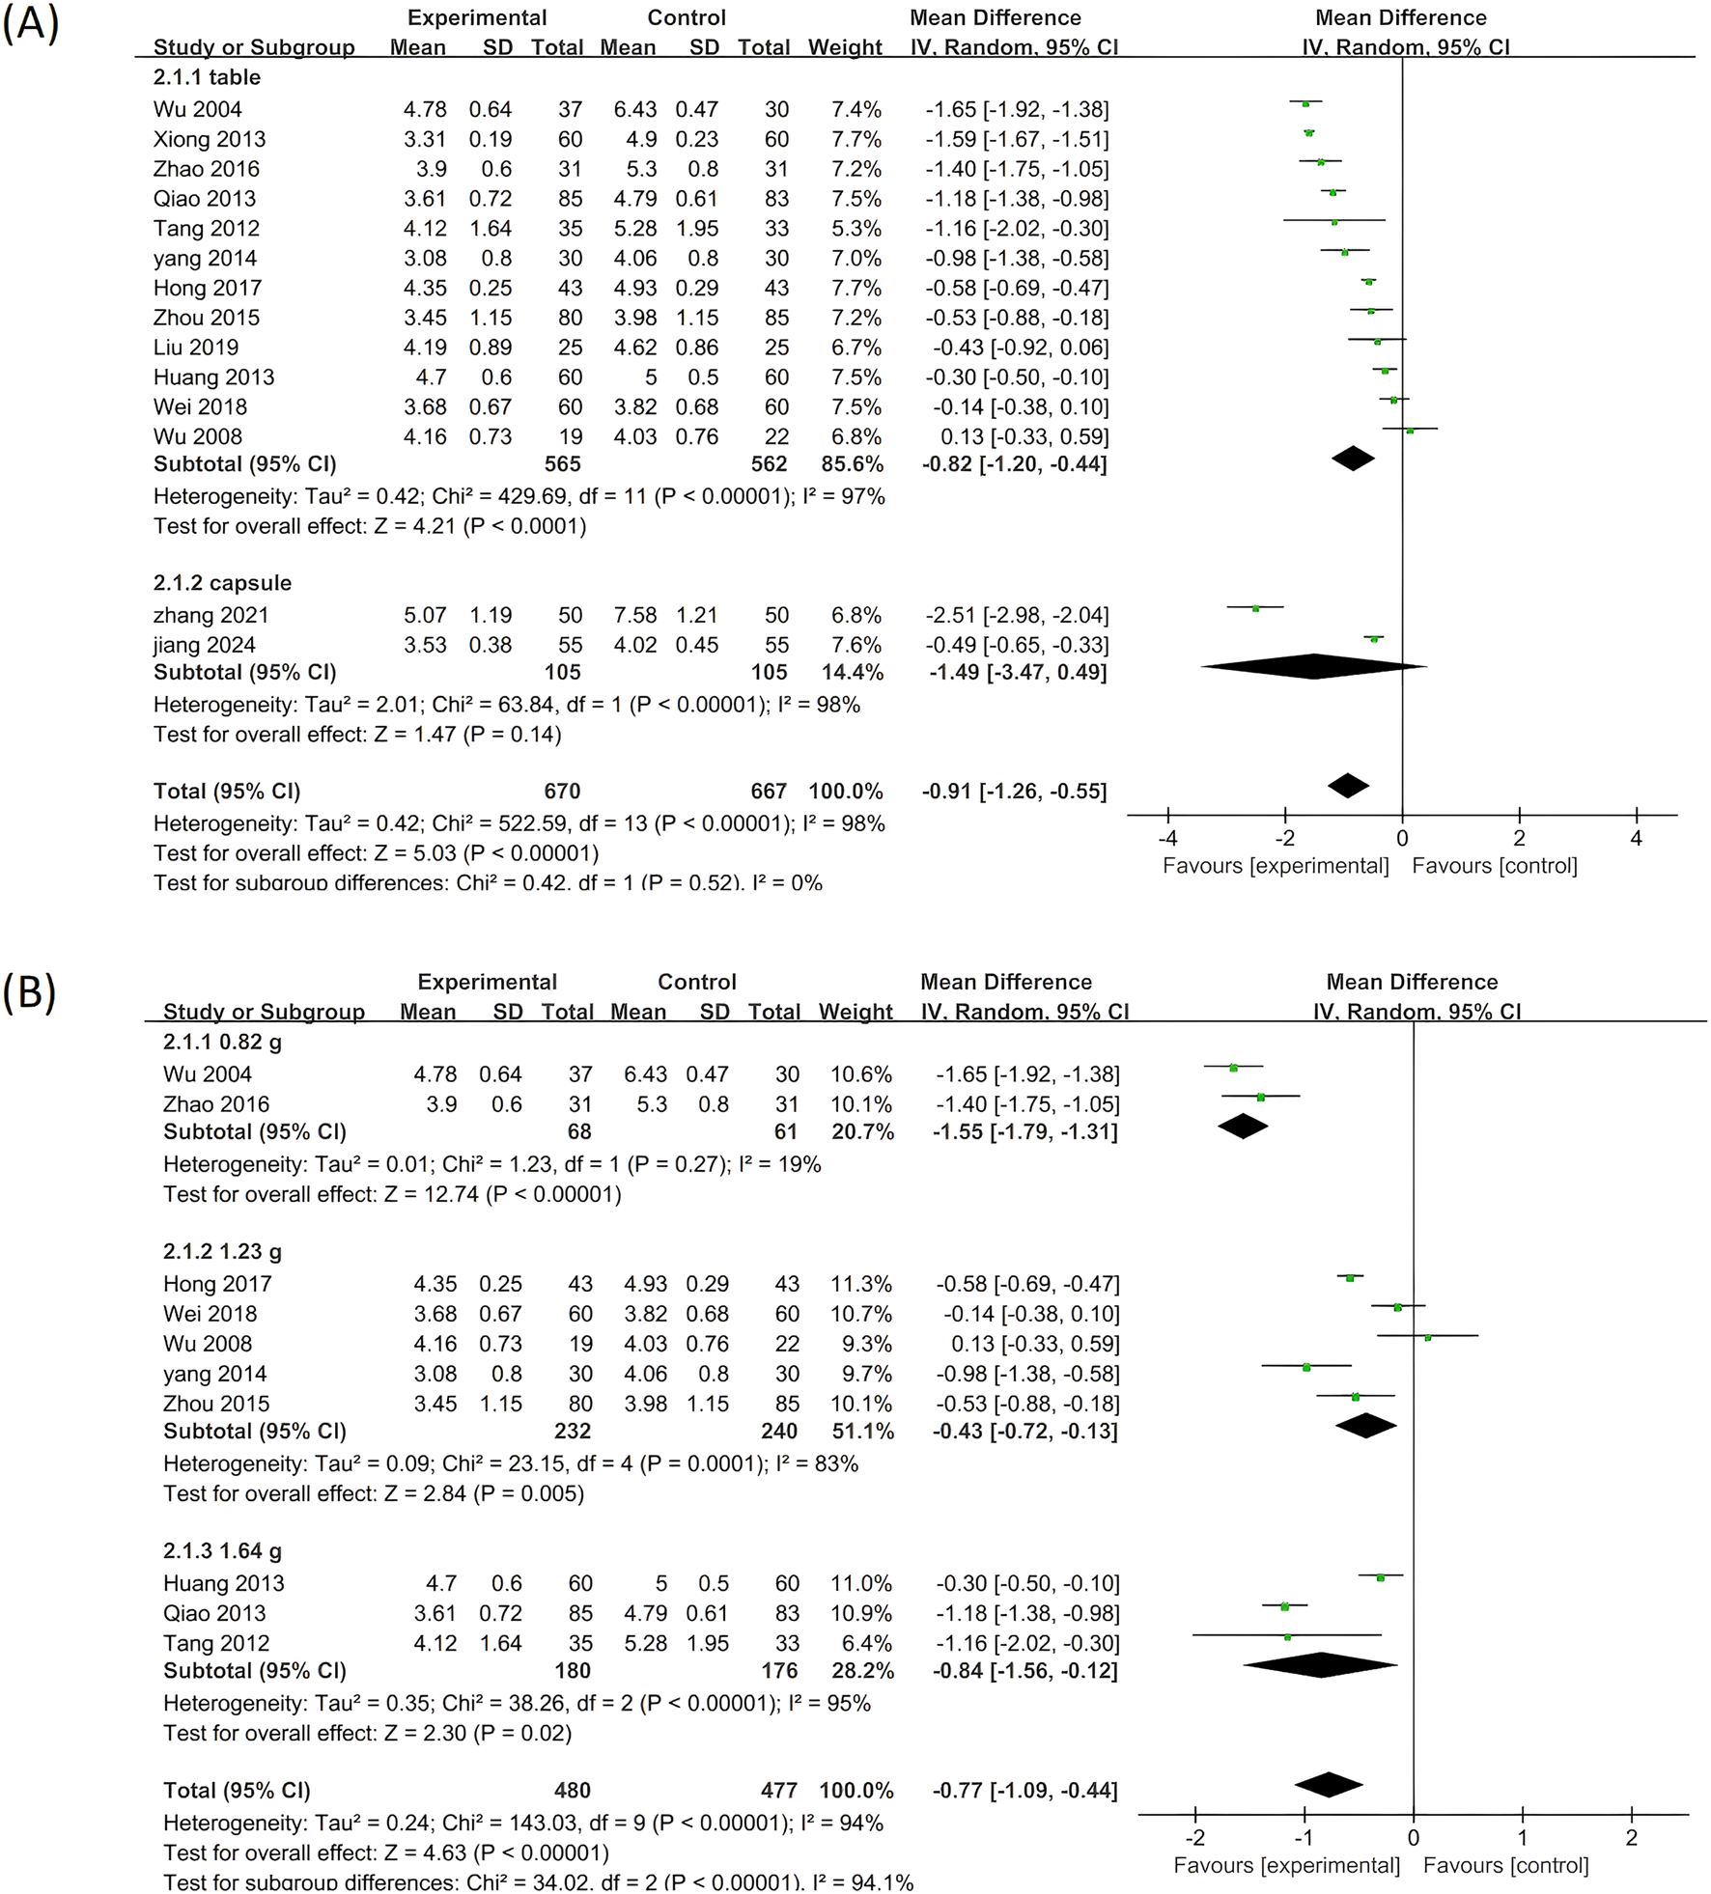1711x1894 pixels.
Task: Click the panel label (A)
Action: click(x=30, y=24)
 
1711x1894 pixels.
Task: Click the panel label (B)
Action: click(x=30, y=991)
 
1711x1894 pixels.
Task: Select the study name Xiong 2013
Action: click(x=209, y=139)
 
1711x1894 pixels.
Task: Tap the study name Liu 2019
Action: click(x=195, y=348)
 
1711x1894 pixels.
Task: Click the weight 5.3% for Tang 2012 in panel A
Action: click(x=856, y=229)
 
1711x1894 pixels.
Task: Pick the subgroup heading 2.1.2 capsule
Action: click(x=222, y=583)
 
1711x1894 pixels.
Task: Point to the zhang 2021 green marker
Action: click(x=1255, y=608)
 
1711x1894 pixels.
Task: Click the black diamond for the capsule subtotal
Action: click(x=1313, y=666)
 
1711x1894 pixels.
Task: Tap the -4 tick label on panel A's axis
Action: click(x=1167, y=839)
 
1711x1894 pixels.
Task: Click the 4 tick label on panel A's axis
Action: click(x=1636, y=839)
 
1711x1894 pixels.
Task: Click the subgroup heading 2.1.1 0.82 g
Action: click(x=222, y=1043)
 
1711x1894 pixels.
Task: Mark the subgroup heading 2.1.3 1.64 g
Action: click(x=222, y=1551)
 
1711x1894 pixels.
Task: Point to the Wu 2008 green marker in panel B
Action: click(x=1427, y=1337)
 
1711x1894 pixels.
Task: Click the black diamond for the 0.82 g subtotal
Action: click(x=1243, y=1127)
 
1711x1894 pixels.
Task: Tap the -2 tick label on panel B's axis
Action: click(x=1194, y=1838)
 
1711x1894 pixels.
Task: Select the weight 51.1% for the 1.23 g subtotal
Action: click(x=862, y=1432)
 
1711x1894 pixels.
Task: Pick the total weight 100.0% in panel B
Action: click(x=856, y=1791)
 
